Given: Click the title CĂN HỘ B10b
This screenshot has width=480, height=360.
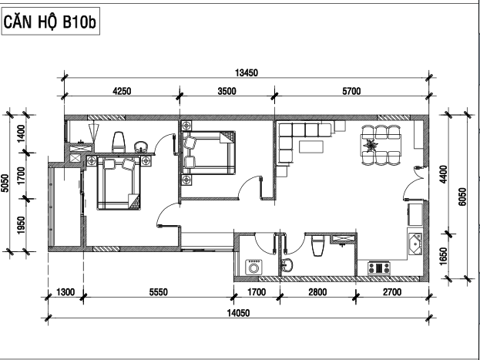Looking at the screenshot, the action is [50, 22].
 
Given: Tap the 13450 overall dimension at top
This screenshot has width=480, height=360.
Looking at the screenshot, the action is [247, 73].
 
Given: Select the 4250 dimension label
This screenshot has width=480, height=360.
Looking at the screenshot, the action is [122, 91].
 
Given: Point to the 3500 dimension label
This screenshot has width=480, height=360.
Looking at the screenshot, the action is [227, 91].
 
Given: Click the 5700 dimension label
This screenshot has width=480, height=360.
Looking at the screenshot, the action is [351, 91].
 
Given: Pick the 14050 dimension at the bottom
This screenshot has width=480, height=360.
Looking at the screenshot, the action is [238, 313].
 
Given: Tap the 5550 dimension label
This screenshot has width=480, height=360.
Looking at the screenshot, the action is [159, 292].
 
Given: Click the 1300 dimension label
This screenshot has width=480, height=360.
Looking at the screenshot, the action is [65, 292].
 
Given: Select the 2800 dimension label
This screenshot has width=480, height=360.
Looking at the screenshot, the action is [317, 292].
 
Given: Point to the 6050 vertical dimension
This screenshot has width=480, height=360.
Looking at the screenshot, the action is [462, 197].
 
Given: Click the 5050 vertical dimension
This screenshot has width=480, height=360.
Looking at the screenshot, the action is [5, 183].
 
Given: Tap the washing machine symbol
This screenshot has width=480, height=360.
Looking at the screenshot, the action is [253, 267].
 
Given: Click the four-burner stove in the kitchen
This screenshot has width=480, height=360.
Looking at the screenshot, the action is [379, 268].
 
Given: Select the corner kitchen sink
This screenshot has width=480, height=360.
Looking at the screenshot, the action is [415, 244].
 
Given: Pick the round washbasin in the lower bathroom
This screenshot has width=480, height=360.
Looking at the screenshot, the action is [287, 265].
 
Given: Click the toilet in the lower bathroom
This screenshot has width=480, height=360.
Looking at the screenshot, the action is [317, 245].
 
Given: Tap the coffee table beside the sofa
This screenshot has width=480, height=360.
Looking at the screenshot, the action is [311, 146].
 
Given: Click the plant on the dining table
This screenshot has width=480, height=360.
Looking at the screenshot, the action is [371, 145].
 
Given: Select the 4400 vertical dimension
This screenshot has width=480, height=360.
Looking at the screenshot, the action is [443, 174].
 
